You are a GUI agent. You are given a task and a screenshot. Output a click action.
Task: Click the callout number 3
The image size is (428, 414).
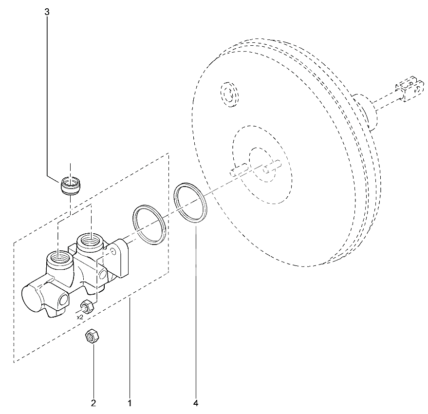point(47,12)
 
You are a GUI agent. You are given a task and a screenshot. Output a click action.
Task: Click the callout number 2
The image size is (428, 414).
point(93,403)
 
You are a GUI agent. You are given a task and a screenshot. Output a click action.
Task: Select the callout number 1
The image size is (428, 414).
point(130,403)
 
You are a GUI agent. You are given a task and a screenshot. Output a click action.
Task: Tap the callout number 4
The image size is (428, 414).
point(196,403)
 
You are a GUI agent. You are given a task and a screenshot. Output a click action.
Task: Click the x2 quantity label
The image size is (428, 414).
point(80,318)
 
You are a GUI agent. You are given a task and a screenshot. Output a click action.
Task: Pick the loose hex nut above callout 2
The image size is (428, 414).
point(92,336)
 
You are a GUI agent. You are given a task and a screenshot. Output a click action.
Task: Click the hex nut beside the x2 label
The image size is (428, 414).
point(87,306)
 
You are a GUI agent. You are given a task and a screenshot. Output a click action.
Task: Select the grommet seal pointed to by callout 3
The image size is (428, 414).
point(71,186)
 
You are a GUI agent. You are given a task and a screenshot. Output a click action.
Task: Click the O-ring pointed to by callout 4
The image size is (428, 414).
point(190,202)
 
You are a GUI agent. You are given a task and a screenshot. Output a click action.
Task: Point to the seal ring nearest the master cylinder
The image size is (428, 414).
point(149,224)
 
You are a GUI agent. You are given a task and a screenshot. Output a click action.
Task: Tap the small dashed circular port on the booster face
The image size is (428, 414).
point(229,94)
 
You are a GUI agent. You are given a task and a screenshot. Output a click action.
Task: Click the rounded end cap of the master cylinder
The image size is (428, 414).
point(31,298)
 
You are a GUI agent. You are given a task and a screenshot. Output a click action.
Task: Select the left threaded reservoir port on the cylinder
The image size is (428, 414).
point(59,260)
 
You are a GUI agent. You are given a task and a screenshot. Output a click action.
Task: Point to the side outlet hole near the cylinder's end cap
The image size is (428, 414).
point(64,300)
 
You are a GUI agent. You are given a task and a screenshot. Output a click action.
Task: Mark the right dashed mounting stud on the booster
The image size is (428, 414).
point(272,167)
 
